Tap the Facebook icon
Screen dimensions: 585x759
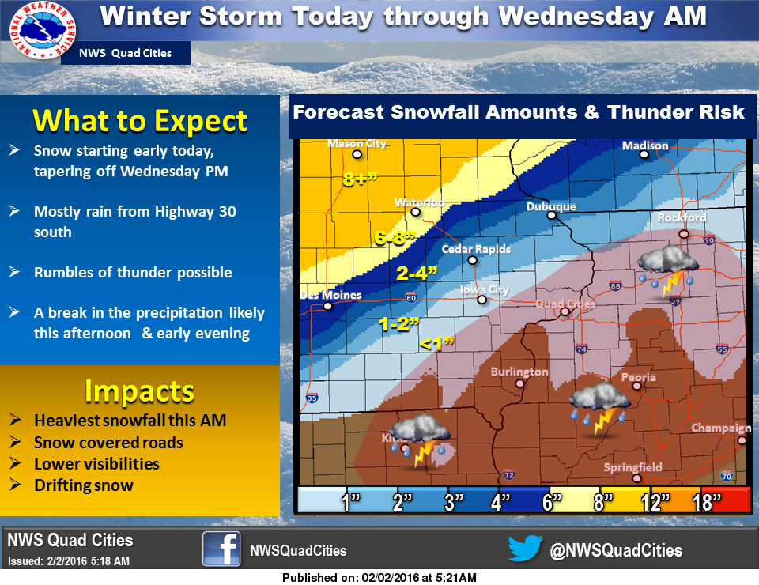coord(221,549)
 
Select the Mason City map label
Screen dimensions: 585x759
coord(357,144)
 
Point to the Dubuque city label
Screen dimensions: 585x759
coord(551,207)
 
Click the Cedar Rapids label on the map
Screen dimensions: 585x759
coord(475,249)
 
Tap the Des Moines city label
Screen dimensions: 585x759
coord(330,296)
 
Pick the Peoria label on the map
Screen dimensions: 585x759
coord(638,377)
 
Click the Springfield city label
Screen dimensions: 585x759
coord(632,467)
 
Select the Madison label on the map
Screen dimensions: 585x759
coord(644,145)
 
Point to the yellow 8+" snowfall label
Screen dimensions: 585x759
coord(362,179)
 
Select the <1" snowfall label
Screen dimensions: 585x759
coord(436,343)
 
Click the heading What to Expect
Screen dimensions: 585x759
coord(140,121)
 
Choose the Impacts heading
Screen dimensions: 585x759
coord(139,391)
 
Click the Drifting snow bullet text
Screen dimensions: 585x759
coord(84,485)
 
